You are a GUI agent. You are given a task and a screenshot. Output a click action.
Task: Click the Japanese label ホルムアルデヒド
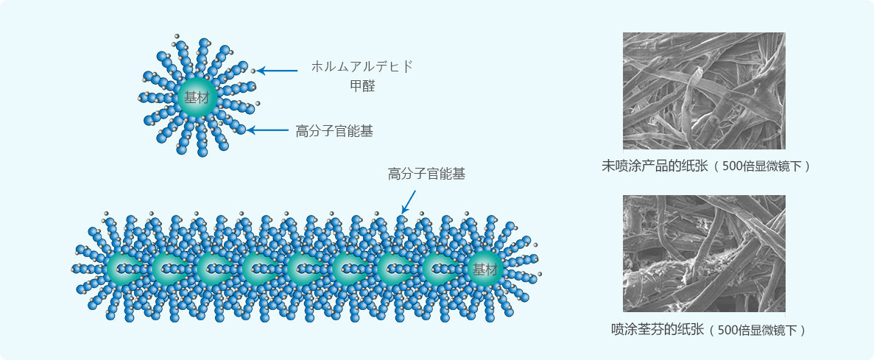click(362, 66)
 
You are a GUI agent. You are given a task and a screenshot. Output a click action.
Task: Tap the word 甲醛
click(362, 86)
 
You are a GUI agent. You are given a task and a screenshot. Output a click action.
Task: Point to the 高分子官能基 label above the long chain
click(426, 174)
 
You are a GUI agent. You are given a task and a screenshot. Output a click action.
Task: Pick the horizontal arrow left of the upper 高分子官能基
click(268, 131)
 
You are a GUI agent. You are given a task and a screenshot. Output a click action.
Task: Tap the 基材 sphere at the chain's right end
click(484, 269)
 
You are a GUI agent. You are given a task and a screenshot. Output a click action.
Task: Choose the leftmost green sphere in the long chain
click(124, 269)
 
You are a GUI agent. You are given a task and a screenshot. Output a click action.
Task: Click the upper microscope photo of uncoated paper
click(703, 91)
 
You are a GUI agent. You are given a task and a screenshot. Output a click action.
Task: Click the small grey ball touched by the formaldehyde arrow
click(253, 71)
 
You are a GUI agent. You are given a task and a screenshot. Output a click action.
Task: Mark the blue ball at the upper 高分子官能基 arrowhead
click(241, 130)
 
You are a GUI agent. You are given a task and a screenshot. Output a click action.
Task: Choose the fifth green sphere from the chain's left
click(303, 269)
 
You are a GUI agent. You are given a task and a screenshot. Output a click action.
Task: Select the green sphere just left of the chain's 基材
click(438, 269)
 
